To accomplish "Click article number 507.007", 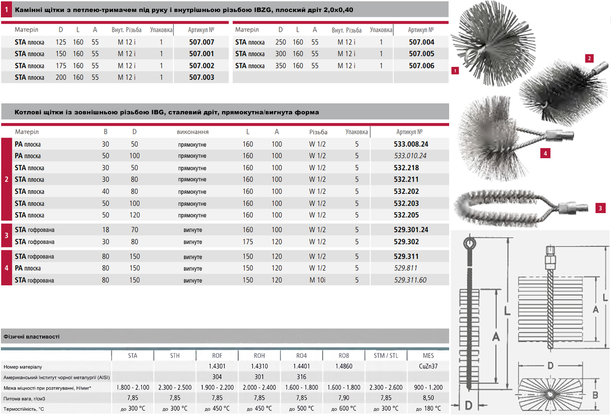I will (x=201, y=42).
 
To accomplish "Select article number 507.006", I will (x=422, y=66).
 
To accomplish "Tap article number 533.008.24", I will (x=411, y=144).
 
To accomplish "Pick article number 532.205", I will (x=406, y=215).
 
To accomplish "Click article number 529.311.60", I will (x=410, y=280).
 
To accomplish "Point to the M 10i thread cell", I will (x=318, y=280).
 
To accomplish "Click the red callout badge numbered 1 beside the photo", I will (x=455, y=71).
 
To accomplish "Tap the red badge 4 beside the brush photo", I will (x=545, y=153).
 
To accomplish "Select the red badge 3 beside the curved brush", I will (x=600, y=208).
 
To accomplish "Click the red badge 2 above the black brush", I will (x=589, y=58).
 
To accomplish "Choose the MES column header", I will (x=428, y=356).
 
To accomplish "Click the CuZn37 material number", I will (x=428, y=367).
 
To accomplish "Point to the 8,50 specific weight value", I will (x=428, y=398).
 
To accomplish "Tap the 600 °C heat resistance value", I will (x=344, y=408).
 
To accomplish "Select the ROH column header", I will (x=259, y=356).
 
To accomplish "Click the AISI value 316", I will (x=301, y=377).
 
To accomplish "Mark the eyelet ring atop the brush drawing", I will (x=469, y=243).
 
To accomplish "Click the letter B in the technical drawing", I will (x=595, y=395).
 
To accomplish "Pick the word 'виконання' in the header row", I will (x=193, y=132).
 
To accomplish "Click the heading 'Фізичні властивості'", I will (x=32, y=336).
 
